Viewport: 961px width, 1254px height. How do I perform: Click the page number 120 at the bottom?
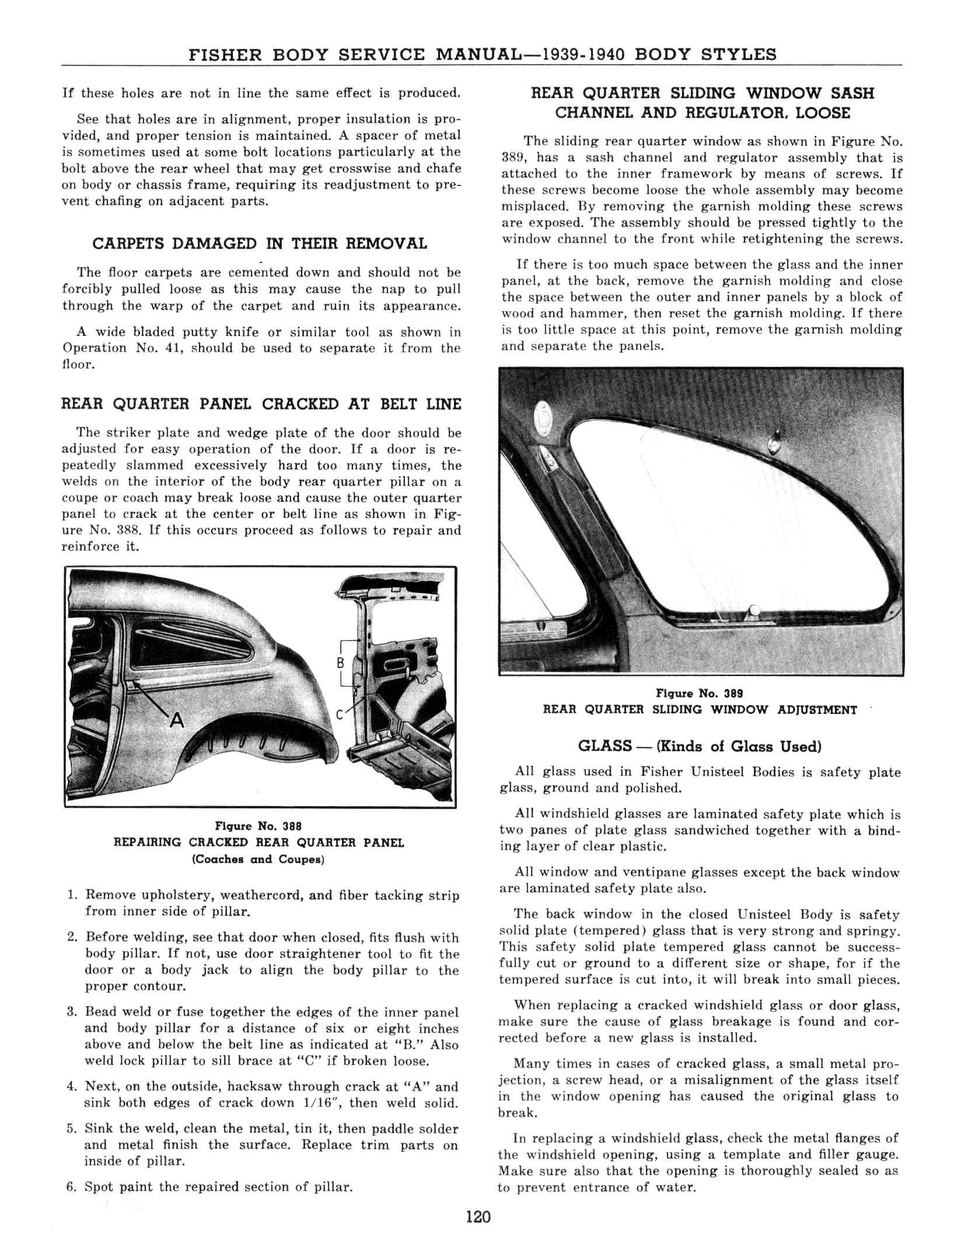(478, 1217)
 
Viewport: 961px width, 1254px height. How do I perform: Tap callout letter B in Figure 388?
(341, 663)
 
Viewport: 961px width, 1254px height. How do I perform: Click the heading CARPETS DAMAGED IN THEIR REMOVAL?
(260, 244)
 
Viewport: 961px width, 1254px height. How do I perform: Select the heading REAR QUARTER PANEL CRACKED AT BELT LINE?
(261, 404)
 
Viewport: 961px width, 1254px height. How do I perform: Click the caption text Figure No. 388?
(258, 826)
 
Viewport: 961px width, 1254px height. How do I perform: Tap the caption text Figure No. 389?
(700, 693)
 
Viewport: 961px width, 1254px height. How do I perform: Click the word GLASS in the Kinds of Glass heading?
(604, 746)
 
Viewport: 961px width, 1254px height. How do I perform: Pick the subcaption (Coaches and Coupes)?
(258, 859)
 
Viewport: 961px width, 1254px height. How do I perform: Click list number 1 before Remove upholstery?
(72, 895)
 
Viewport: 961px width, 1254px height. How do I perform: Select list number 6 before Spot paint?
(72, 1187)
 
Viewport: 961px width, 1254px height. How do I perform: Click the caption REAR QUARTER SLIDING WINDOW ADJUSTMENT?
(700, 710)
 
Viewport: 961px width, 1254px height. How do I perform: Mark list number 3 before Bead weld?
(72, 1012)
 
